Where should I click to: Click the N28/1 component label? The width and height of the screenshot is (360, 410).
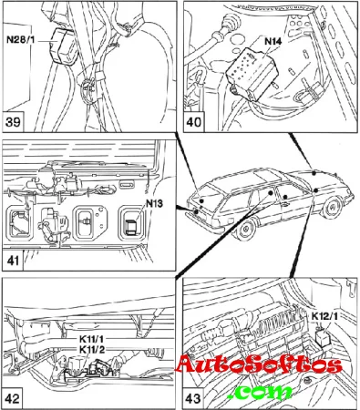pos(21,39)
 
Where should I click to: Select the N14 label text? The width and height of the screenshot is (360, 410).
pos(273,41)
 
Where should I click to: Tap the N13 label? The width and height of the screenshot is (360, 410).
pos(154,203)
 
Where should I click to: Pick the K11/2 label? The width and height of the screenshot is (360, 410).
pos(92,350)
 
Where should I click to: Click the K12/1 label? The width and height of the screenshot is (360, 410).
pos(324,316)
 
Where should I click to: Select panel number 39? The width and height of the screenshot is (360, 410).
pos(13,122)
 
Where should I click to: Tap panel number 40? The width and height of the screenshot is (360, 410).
pos(194,122)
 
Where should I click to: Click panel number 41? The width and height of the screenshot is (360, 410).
pos(13,261)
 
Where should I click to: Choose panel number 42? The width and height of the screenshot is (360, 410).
pos(13,398)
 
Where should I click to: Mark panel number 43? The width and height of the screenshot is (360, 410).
pos(193,398)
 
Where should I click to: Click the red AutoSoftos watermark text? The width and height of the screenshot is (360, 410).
pos(259,364)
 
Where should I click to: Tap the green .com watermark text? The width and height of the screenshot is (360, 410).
pos(259,392)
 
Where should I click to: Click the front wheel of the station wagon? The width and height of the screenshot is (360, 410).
pos(332,208)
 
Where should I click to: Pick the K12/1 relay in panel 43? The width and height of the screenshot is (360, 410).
pos(323,339)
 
